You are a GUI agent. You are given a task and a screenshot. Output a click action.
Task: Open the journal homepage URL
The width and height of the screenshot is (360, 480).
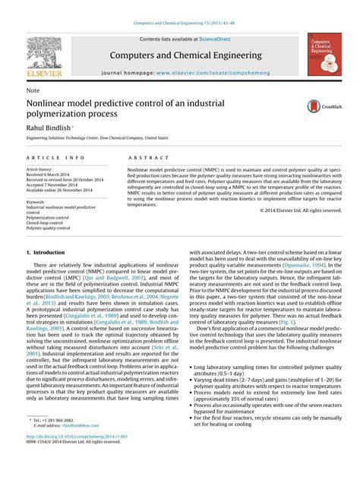pyautogui.click(x=216, y=74)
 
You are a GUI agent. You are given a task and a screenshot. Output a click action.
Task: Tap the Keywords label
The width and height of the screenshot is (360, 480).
pyautogui.click(x=38, y=201)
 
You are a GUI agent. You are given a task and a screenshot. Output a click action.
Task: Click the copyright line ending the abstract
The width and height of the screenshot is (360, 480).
pyautogui.click(x=300, y=210)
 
